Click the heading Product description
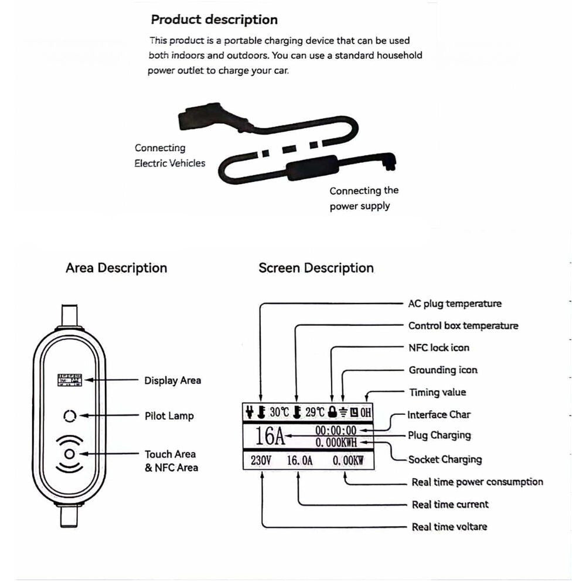[x=214, y=19]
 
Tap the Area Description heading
[x=116, y=268]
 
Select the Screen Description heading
[x=316, y=268]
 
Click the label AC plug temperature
[x=455, y=304]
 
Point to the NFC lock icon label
[x=439, y=347]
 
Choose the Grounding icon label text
[x=443, y=370]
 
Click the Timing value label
[x=438, y=392]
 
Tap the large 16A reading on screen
[x=270, y=437]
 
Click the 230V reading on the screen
[x=261, y=461]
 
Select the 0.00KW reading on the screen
[x=348, y=461]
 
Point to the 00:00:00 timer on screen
[x=336, y=431]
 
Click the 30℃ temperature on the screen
[x=280, y=412]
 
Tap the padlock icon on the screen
[x=333, y=412]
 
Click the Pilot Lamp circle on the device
[x=70, y=416]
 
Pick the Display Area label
[x=172, y=380]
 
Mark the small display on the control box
[x=69, y=380]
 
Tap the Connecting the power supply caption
[x=363, y=198]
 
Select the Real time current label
[x=449, y=504]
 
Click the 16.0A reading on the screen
[x=299, y=461]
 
